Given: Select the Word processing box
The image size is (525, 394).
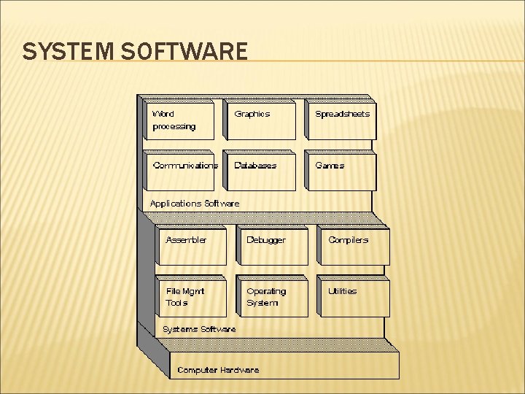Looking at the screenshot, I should pos(179,120).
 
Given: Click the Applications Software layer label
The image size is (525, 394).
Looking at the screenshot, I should pos(194,204).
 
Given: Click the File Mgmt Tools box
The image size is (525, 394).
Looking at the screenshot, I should pos(192,298).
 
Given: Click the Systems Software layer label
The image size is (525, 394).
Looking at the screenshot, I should pos(199,329).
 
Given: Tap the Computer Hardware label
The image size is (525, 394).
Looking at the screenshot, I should pos(218,370).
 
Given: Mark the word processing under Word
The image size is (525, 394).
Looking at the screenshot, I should pos(174,126).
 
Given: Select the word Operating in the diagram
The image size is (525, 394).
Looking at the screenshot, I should pos(266,291).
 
